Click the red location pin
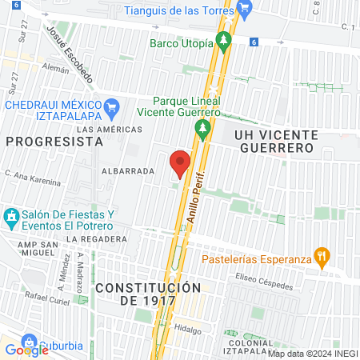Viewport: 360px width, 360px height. point(180,163)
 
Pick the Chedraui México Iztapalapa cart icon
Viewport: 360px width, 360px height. point(113,106)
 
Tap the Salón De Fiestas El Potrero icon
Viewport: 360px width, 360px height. point(12,216)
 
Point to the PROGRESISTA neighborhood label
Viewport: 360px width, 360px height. point(55,141)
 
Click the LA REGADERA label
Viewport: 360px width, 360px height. point(97,239)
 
